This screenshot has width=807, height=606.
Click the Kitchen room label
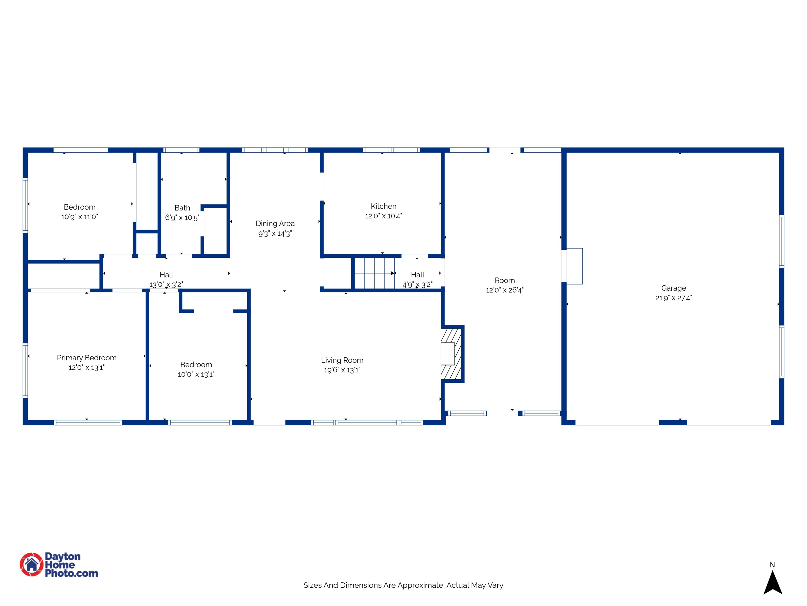click(383, 206)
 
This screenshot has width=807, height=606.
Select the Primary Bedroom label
click(86, 358)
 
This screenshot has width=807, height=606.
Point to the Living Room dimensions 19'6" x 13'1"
click(342, 370)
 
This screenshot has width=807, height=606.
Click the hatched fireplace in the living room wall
click(451, 354)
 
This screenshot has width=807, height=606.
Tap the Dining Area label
click(275, 224)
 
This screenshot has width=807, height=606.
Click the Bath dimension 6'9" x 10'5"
click(182, 218)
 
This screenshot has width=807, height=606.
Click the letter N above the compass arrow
click(772, 565)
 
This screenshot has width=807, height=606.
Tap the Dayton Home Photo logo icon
click(31, 564)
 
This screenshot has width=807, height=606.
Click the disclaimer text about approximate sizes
click(403, 585)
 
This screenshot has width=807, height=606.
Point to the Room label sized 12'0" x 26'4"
click(505, 281)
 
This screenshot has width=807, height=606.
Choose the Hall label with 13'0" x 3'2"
click(166, 275)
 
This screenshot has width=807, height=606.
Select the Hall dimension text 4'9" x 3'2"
click(417, 285)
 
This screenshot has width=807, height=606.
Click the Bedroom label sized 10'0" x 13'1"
click(196, 365)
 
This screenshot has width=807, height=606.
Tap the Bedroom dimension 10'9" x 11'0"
click(80, 217)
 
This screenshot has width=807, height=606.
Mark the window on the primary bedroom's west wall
click(25, 370)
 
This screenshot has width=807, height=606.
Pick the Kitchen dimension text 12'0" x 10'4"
click(383, 216)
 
